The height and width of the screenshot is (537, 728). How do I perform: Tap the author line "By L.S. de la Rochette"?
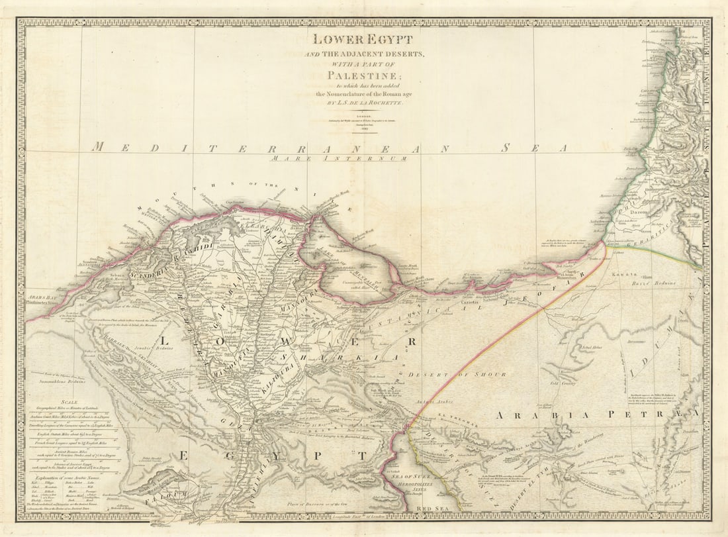click(363, 104)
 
